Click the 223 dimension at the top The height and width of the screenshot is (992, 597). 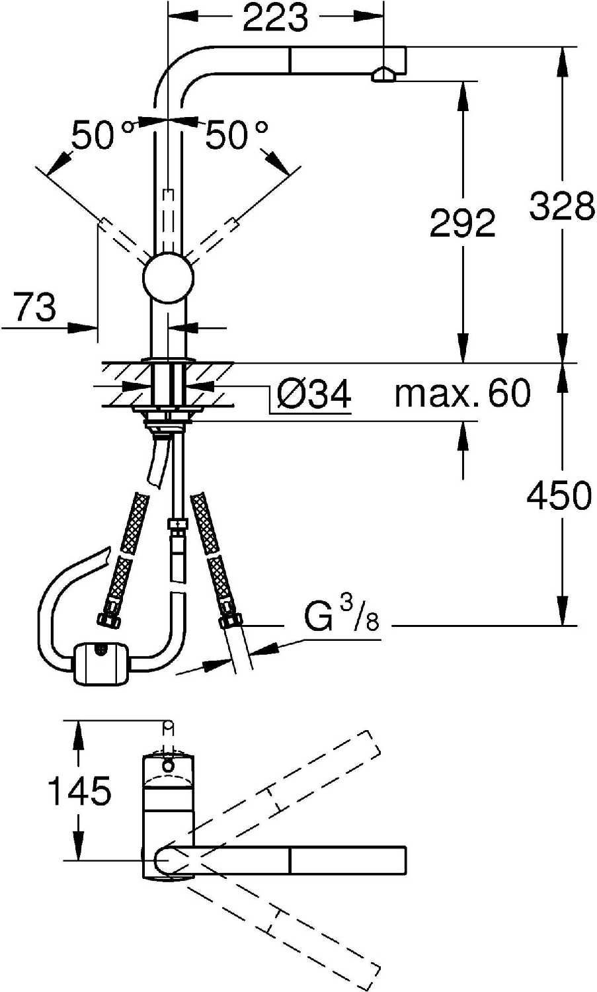pos(275,18)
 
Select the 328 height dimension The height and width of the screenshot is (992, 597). pos(562,205)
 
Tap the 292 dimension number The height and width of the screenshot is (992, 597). pos(462,222)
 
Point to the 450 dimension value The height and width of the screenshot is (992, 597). pos(559,495)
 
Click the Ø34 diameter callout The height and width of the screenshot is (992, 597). pos(313,393)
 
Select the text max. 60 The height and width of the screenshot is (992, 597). pos(462,392)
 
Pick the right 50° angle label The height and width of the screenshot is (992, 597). pos(237,134)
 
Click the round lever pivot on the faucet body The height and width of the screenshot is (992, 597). pos(169,278)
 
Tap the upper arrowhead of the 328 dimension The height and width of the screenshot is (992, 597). pos(563,62)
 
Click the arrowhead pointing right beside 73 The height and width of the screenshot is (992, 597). pos(83,328)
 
